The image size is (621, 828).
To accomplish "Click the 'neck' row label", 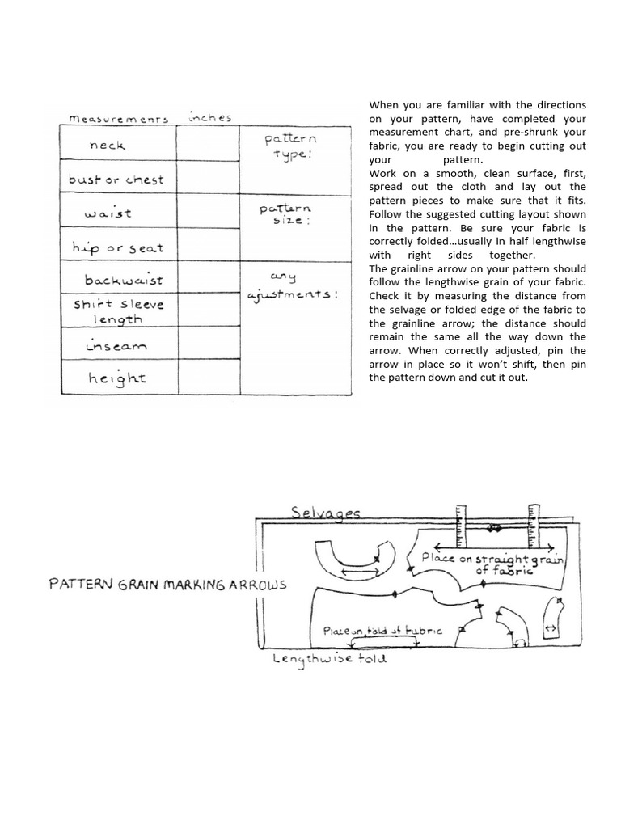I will [108, 146].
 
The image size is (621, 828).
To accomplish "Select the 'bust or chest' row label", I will [116, 180].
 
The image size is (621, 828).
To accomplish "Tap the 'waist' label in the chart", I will [108, 214].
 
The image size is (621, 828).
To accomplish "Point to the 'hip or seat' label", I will [117, 247].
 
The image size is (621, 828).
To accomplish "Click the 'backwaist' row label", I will [123, 281].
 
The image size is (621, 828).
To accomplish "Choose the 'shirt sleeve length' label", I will [118, 311].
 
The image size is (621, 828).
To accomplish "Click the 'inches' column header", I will [209, 117].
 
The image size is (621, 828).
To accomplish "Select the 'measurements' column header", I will [118, 119].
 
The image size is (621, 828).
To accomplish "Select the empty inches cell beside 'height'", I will [208, 378].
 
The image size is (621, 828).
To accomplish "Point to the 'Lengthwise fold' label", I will [330, 658].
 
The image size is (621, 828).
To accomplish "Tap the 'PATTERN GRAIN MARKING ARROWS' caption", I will [167, 585].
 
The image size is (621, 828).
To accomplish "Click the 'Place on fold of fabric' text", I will [382, 631].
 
